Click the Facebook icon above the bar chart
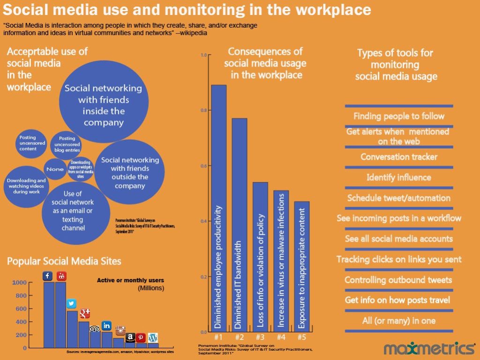pyautogui.click(x=47, y=276)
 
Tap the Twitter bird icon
pyautogui.click(x=72, y=304)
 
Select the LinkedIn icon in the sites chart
pyautogui.click(x=107, y=325)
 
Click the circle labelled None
pyautogui.click(x=55, y=169)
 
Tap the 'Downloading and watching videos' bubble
pyautogui.click(x=26, y=186)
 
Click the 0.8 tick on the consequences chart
pyautogui.click(x=203, y=110)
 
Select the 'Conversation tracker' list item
pyautogui.click(x=399, y=157)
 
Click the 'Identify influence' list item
pyautogui.click(x=399, y=177)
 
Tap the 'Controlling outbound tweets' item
pyautogui.click(x=398, y=280)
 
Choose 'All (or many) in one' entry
pyautogui.click(x=399, y=321)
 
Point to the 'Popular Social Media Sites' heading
pyautogui.click(x=64, y=261)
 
